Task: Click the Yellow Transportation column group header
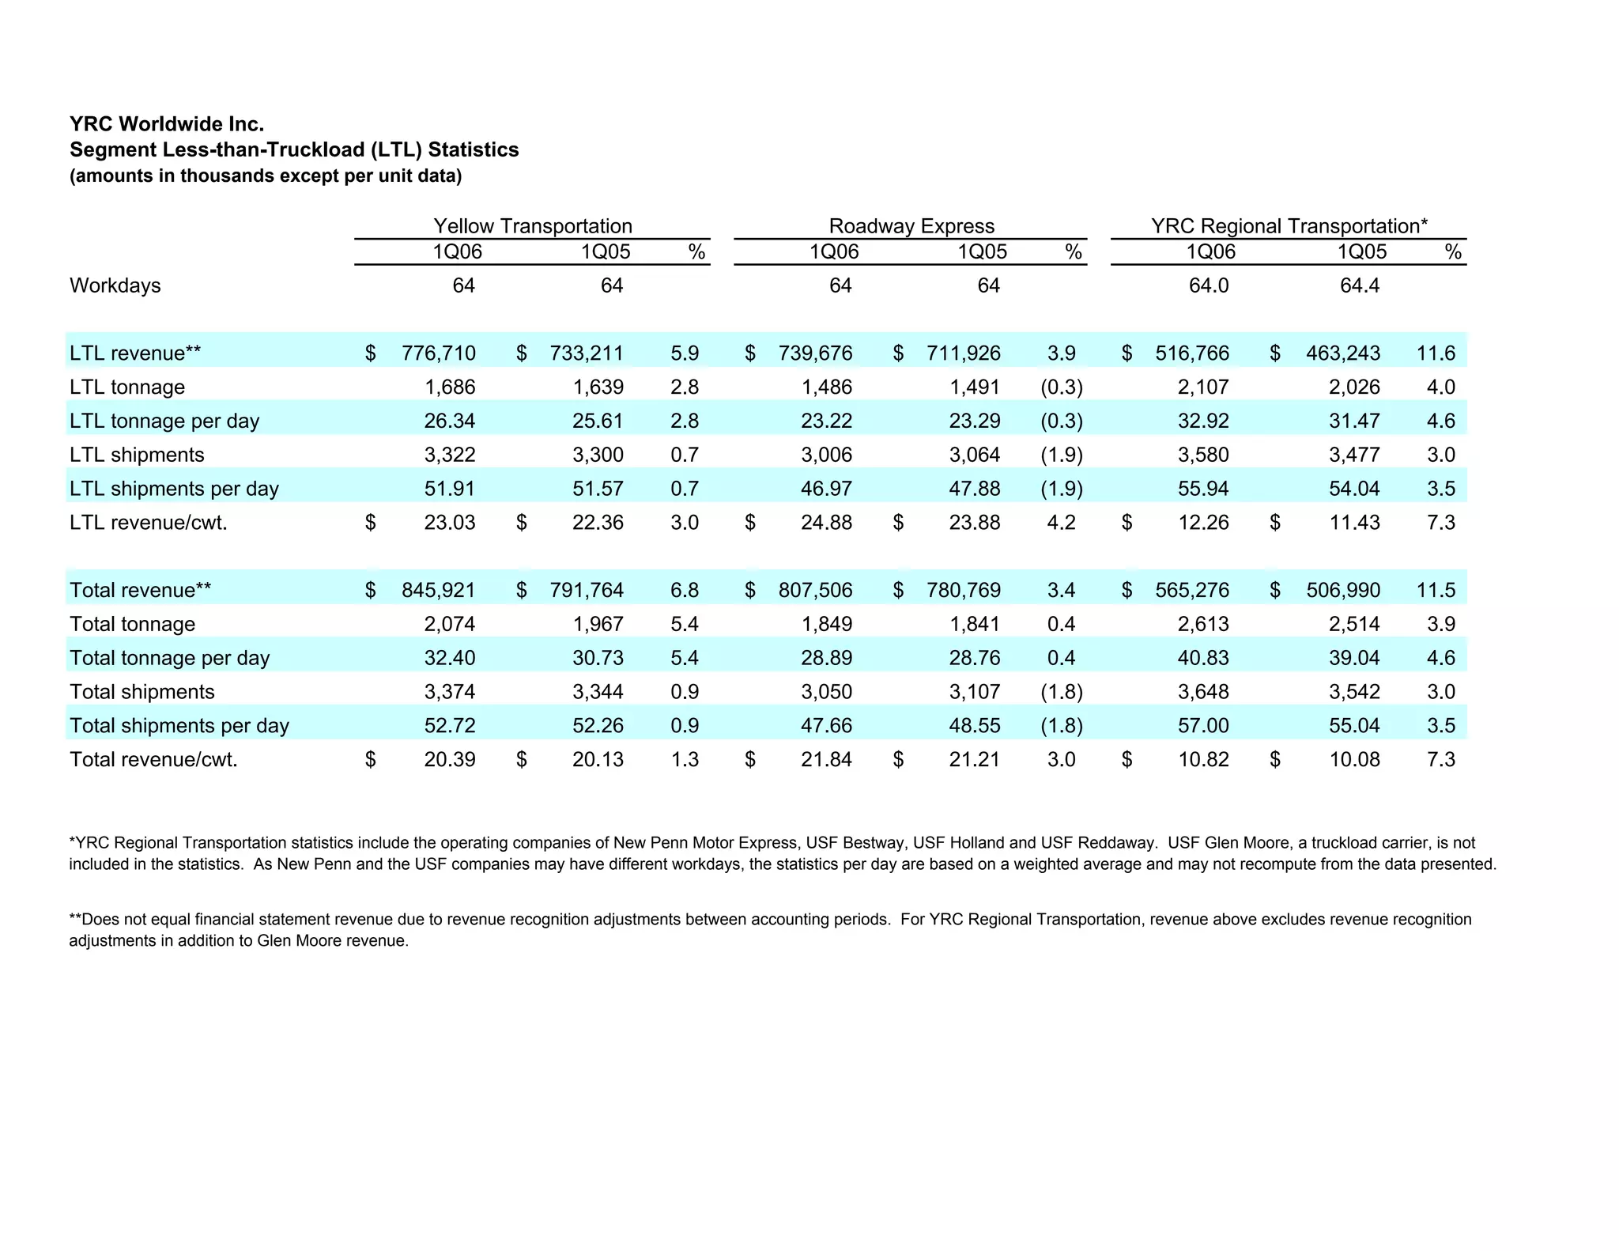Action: pyautogui.click(x=532, y=226)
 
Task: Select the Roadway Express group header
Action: pyautogui.click(x=911, y=226)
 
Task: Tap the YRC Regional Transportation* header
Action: pyautogui.click(x=1289, y=226)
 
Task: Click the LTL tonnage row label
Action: pyautogui.click(x=127, y=387)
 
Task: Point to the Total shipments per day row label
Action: pyautogui.click(x=179, y=725)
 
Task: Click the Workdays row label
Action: pyautogui.click(x=115, y=285)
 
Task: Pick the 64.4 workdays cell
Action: pyautogui.click(x=1359, y=285)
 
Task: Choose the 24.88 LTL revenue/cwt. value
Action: pyautogui.click(x=826, y=522)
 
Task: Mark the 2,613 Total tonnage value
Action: pyautogui.click(x=1203, y=624)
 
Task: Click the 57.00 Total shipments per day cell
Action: pyautogui.click(x=1203, y=725)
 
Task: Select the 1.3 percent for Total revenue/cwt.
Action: pyautogui.click(x=685, y=759)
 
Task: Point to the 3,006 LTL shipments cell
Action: pyautogui.click(x=826, y=455)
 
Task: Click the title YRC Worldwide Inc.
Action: pyautogui.click(x=167, y=124)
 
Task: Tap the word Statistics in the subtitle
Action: pyautogui.click(x=474, y=149)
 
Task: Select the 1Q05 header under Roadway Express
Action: pyautogui.click(x=982, y=252)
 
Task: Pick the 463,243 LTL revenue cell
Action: pyautogui.click(x=1343, y=353)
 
